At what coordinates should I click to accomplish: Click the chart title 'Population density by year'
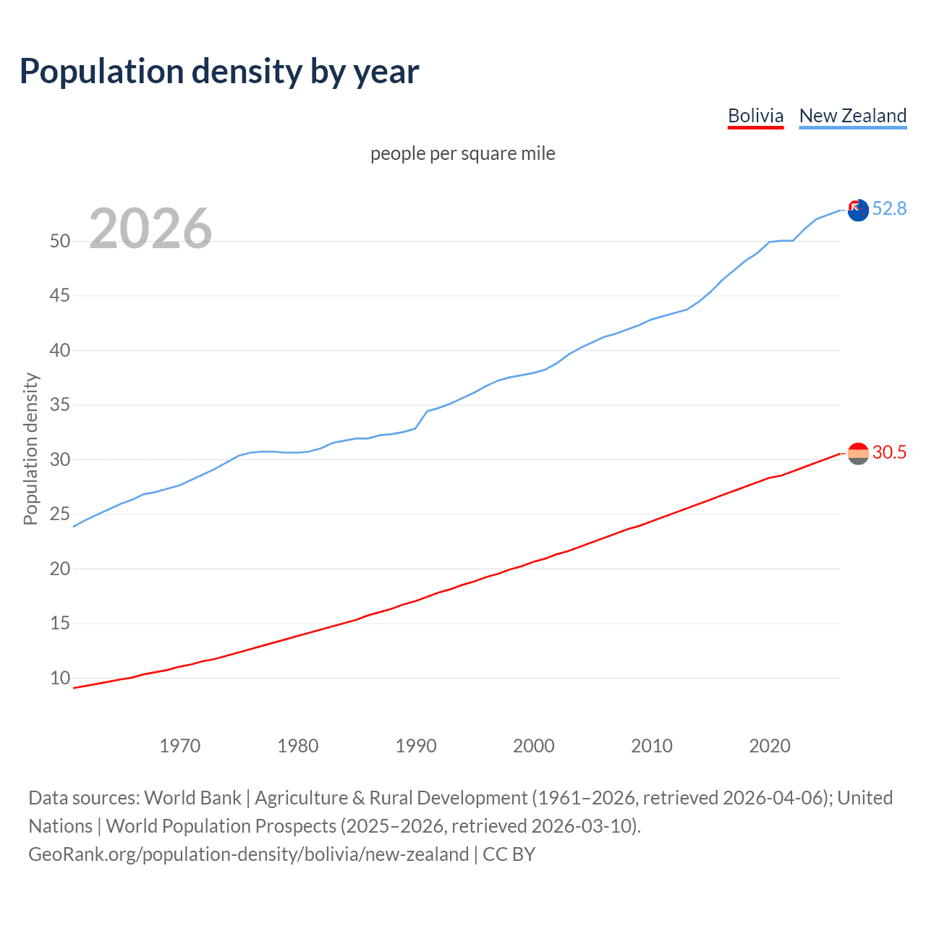point(219,72)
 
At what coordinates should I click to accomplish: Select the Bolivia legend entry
point(755,116)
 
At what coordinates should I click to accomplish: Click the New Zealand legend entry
point(852,116)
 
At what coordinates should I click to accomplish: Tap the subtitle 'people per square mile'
point(462,153)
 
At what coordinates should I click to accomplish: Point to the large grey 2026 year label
point(150,229)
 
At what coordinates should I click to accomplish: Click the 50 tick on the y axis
point(60,241)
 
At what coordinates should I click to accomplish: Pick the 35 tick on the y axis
point(60,404)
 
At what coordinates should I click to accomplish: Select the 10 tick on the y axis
point(60,678)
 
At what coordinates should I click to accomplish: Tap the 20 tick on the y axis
point(60,569)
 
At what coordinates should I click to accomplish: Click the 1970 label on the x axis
point(179,746)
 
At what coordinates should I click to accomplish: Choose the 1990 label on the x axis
point(416,746)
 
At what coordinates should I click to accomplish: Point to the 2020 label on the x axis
point(770,746)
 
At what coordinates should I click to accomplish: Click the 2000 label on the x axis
point(534,746)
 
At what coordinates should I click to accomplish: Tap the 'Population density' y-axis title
point(30,449)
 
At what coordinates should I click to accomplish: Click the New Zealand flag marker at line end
point(858,211)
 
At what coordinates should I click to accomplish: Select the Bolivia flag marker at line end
point(858,454)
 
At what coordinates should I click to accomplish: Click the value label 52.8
point(889,209)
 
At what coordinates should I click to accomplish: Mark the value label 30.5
point(889,453)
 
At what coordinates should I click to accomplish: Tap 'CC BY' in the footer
point(509,854)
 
